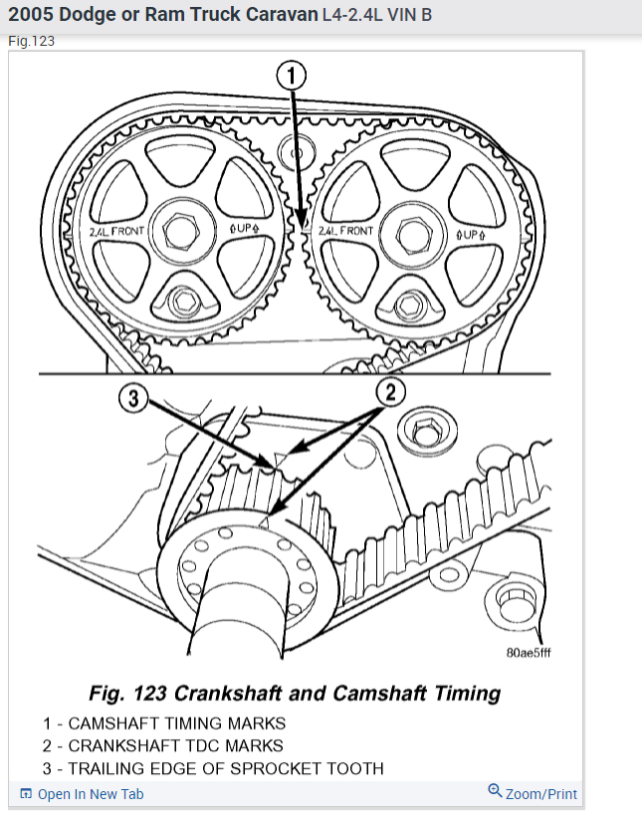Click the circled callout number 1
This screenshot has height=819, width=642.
290,75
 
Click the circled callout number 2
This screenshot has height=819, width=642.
389,392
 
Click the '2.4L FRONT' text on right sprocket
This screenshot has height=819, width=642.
345,231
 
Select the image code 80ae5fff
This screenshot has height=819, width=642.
528,654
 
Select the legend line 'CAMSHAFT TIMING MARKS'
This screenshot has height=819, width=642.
163,723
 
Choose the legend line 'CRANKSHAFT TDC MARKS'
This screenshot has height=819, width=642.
162,745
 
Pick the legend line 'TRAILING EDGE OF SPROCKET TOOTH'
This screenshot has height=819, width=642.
212,767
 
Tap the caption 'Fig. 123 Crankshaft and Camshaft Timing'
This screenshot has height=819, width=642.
295,693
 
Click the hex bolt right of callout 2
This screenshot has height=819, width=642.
422,432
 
